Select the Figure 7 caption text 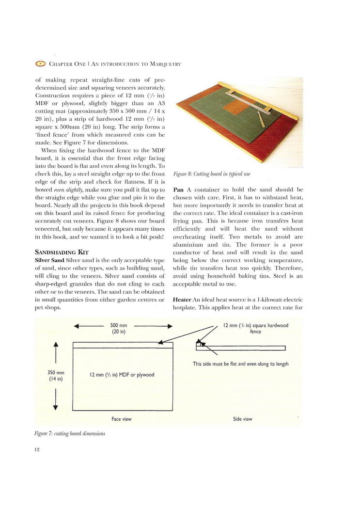pos(70,433)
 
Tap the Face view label pos(121,419)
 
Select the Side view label pos(242,419)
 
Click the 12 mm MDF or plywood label pos(122,374)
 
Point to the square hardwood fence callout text pos(255,328)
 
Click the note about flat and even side pos(241,364)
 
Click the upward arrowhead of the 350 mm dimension pos(56,345)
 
